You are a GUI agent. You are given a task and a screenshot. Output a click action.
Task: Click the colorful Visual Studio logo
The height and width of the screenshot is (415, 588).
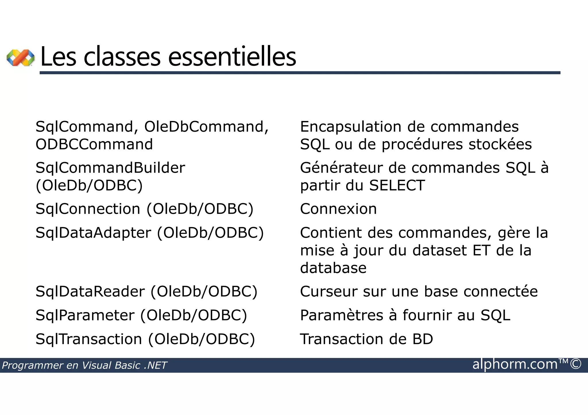click(20, 58)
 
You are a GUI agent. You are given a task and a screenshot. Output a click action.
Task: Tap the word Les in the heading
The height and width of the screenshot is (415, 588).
click(59, 57)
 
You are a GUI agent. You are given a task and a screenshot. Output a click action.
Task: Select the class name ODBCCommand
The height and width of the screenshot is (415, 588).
click(94, 144)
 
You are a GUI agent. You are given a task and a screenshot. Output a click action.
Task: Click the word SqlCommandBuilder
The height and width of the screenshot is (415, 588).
click(110, 168)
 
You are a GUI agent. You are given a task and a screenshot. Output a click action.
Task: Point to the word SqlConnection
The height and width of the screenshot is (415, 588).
click(88, 209)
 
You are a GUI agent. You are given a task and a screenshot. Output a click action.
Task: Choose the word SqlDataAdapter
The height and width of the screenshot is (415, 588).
click(93, 233)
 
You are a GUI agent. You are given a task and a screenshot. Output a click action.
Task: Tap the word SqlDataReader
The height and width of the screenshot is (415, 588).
click(90, 292)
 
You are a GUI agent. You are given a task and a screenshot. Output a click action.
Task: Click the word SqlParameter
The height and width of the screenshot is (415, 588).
click(85, 315)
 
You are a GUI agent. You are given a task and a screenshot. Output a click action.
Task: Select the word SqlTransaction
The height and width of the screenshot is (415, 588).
click(89, 339)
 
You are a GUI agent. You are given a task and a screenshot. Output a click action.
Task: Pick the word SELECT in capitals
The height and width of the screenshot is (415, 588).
click(397, 186)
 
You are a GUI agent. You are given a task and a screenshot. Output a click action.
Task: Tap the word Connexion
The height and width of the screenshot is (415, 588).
click(338, 209)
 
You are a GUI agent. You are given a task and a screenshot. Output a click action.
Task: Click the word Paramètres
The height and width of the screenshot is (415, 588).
click(341, 315)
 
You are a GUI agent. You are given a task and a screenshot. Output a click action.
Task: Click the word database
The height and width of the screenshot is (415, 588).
click(333, 268)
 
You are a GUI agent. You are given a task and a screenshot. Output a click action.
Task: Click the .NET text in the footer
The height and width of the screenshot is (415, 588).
click(155, 365)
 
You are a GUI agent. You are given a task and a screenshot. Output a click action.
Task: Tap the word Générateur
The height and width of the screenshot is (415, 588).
click(341, 168)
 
